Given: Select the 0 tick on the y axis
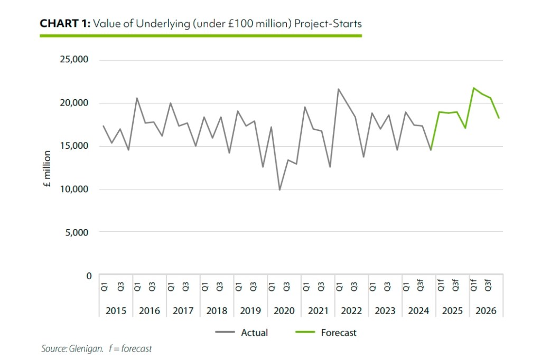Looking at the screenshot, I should click(89, 276).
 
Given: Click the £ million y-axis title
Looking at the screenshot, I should click(47, 169).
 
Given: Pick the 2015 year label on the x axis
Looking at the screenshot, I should click(116, 310).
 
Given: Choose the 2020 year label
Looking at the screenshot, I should click(284, 310).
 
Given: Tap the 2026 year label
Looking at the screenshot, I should click(486, 310).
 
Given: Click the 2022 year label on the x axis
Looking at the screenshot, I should click(351, 310).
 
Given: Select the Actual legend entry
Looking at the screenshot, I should click(254, 333).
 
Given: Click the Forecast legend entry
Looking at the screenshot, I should click(339, 333).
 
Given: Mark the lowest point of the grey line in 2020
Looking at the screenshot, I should click(279, 190).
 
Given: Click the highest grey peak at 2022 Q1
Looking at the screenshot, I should click(338, 89).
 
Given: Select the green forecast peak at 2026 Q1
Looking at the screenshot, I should click(473, 88).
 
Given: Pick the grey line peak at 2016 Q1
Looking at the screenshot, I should click(137, 98).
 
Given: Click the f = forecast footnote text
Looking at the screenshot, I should click(130, 349).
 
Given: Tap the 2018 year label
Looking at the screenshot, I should click(217, 310).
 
